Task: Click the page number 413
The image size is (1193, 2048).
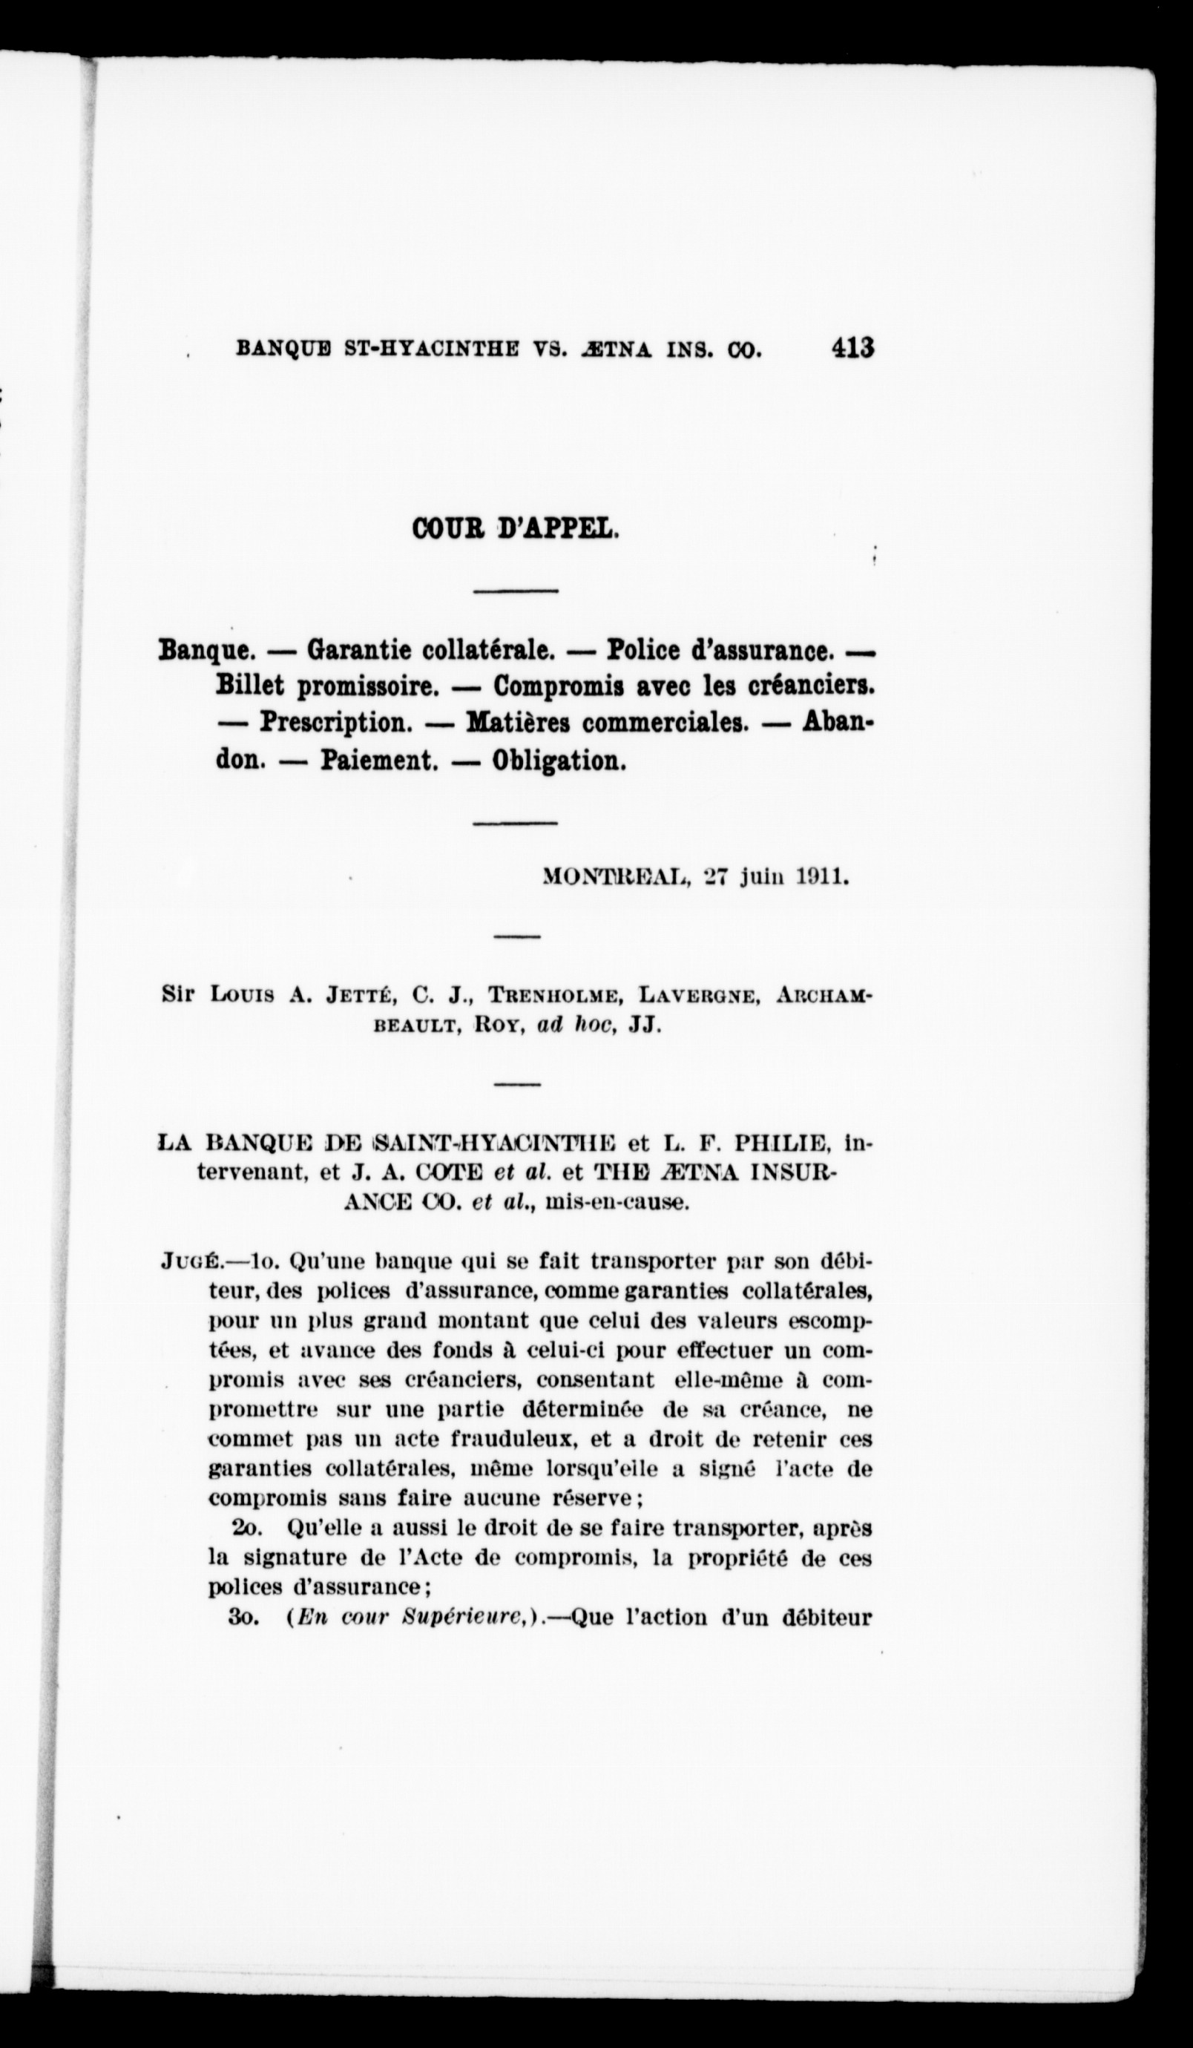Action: coord(852,349)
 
